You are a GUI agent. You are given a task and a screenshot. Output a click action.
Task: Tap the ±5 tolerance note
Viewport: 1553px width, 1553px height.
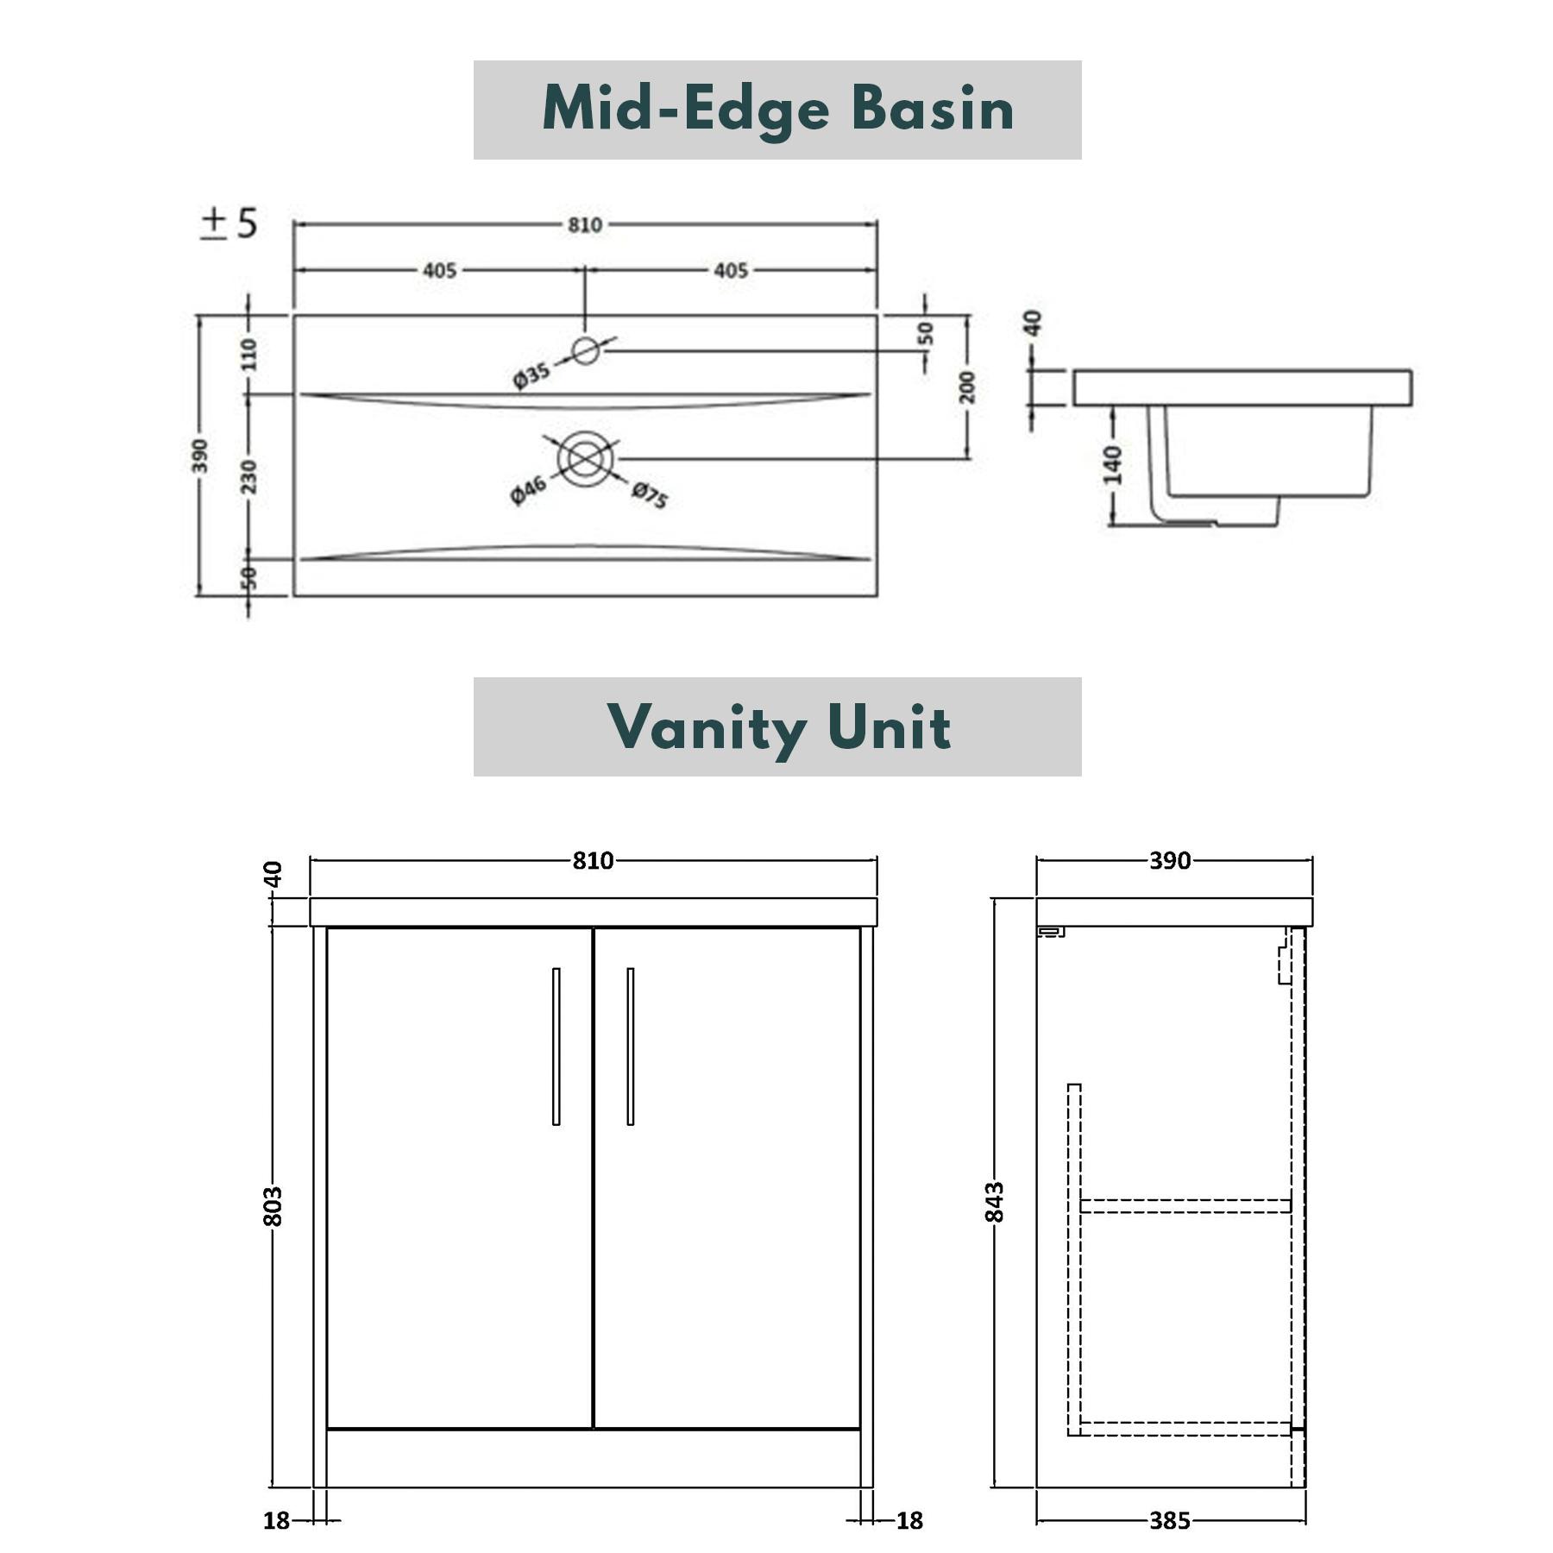pos(229,223)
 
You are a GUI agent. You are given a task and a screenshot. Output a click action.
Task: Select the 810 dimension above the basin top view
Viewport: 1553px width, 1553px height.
pos(584,225)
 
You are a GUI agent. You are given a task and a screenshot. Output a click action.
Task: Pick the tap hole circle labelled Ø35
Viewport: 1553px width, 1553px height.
pos(586,350)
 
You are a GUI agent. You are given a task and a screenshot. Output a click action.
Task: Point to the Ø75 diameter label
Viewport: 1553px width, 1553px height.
pos(650,495)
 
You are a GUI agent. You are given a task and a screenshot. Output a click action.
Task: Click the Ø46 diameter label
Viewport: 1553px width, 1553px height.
pos(528,489)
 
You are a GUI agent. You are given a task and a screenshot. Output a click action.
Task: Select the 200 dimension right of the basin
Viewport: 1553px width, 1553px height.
pos(967,387)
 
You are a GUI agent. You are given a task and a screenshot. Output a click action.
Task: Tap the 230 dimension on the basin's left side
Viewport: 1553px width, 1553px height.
pos(248,476)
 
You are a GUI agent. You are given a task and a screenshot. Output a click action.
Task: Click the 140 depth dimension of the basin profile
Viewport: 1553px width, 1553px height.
pos(1113,466)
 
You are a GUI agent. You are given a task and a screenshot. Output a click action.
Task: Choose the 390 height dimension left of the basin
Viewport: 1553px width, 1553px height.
pos(199,456)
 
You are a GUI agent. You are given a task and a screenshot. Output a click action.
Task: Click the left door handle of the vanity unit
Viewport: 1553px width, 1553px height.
pos(556,1046)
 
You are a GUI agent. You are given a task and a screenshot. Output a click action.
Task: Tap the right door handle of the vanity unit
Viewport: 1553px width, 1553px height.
pos(630,1046)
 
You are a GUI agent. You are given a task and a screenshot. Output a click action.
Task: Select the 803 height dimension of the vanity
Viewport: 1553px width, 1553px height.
pos(272,1205)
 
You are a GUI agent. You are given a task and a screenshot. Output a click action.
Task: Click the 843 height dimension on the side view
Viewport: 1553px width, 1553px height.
pos(995,1202)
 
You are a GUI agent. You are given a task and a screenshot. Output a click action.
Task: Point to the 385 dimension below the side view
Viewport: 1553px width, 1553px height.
pos(1169,1520)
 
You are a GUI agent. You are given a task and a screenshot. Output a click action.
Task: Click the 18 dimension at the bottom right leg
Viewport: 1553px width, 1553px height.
pos(909,1520)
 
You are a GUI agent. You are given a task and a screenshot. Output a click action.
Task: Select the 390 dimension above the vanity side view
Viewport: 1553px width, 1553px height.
pos(1169,860)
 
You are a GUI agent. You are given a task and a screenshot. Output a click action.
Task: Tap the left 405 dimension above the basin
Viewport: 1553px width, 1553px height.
pos(439,271)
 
